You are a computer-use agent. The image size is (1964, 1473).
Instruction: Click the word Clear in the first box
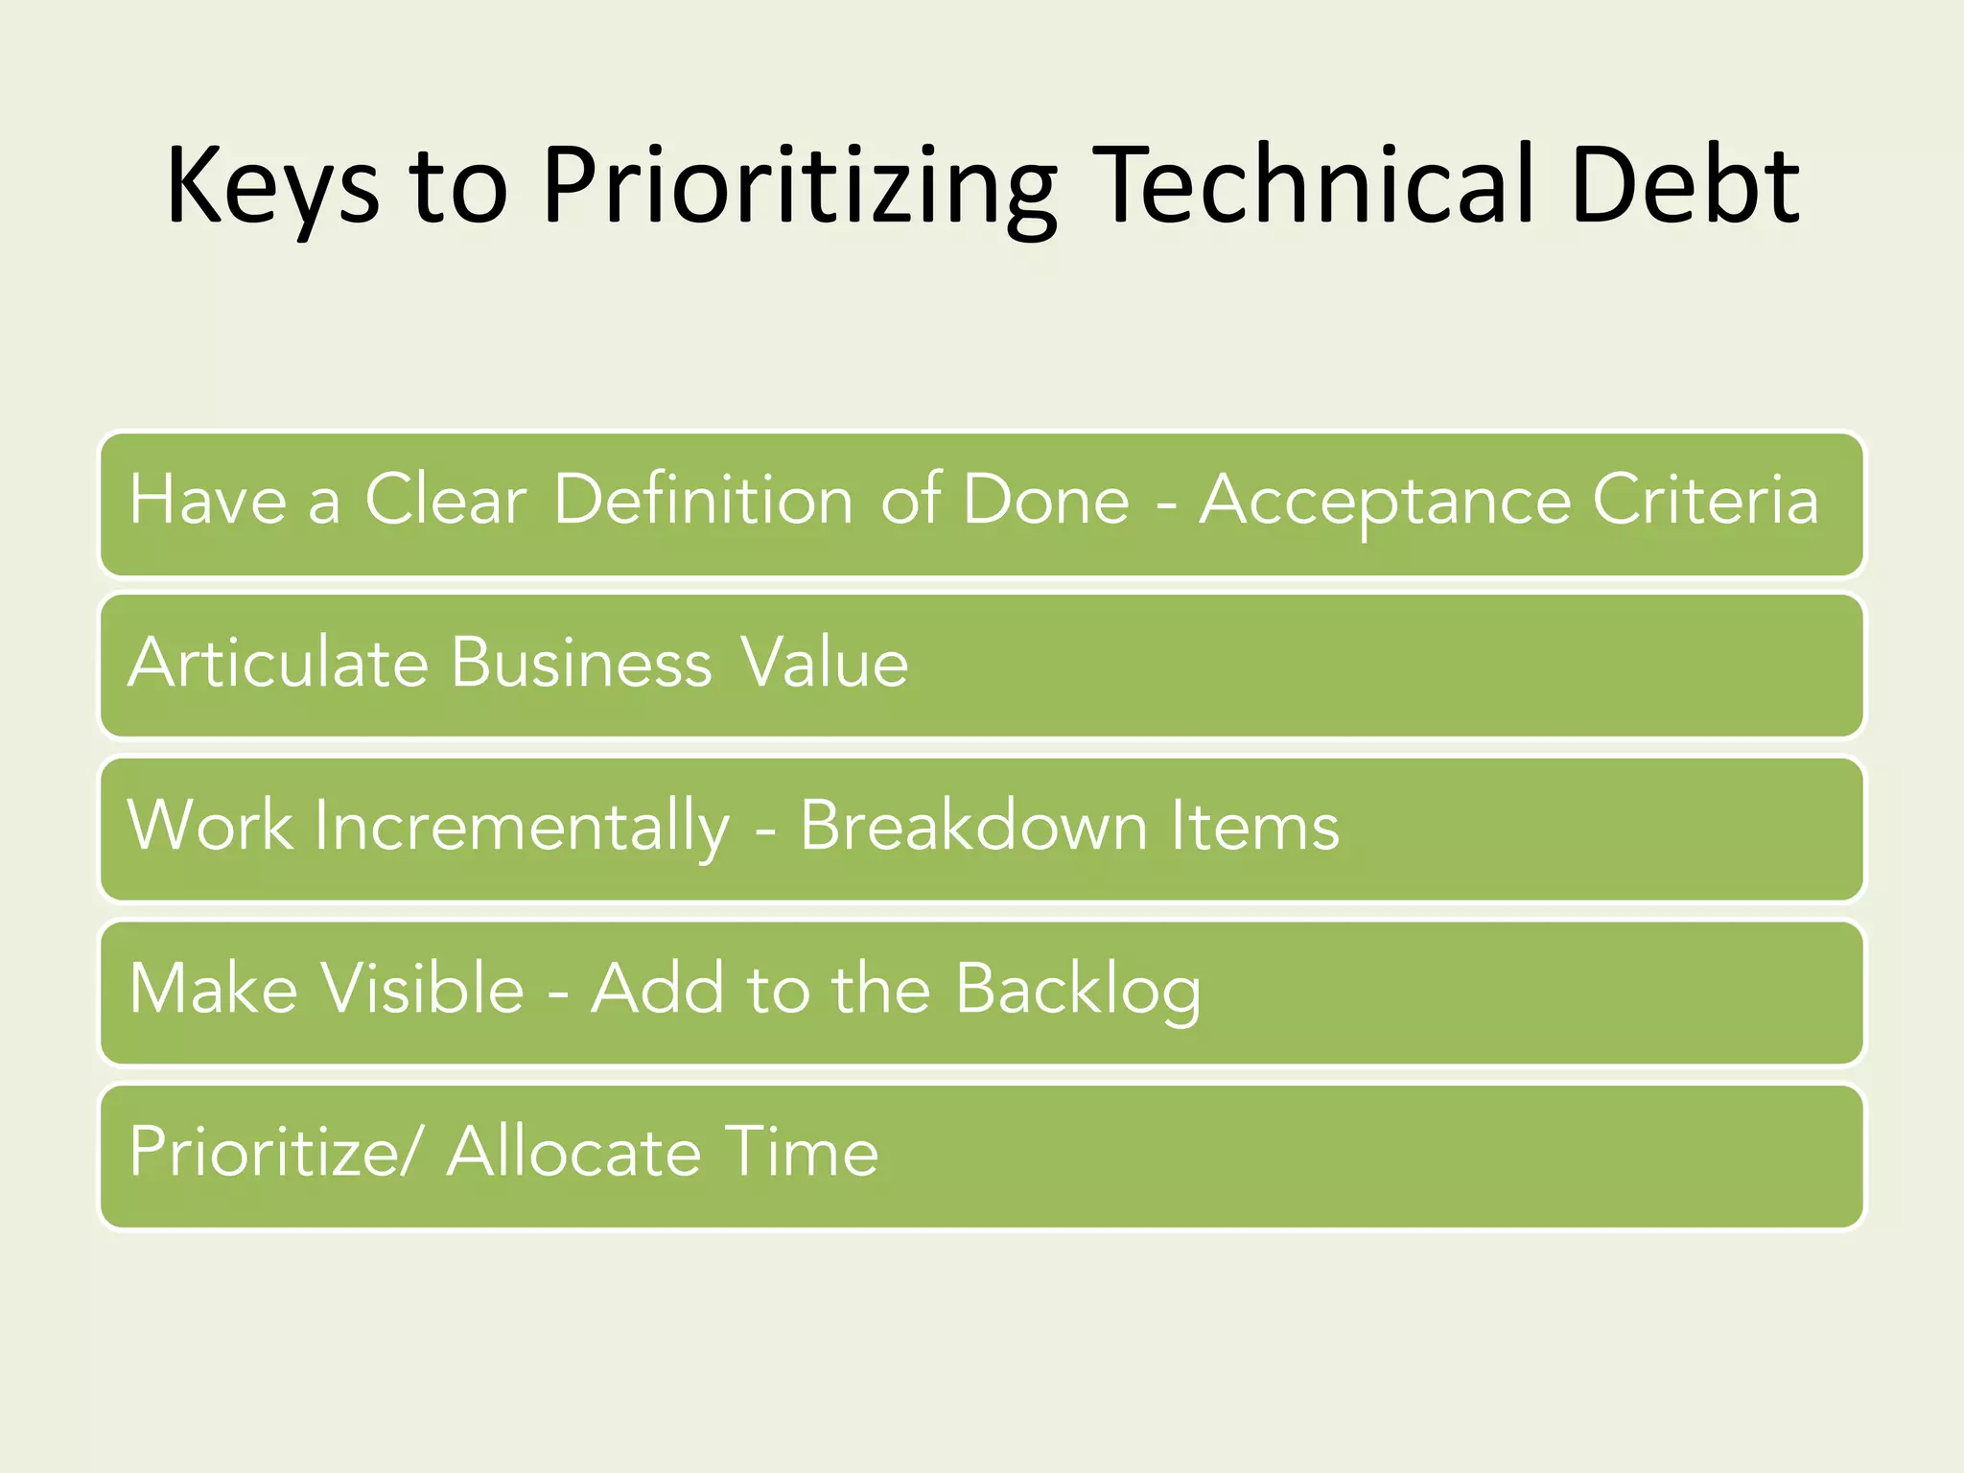pos(446,500)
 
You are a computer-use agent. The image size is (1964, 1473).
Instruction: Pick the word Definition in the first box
pos(703,500)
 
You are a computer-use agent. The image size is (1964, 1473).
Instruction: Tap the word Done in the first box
pos(1046,500)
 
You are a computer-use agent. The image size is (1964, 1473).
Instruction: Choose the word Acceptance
pos(1385,502)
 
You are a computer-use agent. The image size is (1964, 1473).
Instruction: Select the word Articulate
pos(277,663)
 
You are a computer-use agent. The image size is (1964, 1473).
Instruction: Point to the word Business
pos(582,663)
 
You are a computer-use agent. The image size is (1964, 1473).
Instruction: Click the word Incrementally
pos(523,826)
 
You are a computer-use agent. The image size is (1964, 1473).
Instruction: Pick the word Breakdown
pos(973,826)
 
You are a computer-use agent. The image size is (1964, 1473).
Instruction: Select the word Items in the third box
pos(1254,826)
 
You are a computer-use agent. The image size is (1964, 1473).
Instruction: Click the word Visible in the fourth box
pos(423,989)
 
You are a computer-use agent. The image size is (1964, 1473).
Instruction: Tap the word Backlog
pos(1078,991)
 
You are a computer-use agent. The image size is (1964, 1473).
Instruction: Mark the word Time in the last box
pos(801,1152)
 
